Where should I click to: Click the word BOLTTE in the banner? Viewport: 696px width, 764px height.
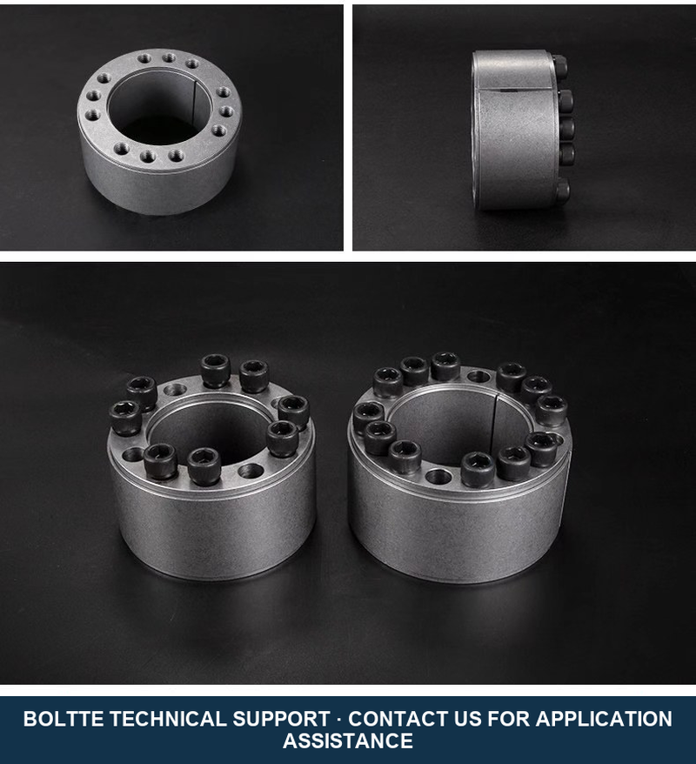[64, 719]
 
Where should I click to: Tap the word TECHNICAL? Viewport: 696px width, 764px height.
[168, 719]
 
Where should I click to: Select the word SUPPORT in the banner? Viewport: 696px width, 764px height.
[282, 719]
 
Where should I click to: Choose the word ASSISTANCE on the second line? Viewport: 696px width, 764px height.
[348, 741]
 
